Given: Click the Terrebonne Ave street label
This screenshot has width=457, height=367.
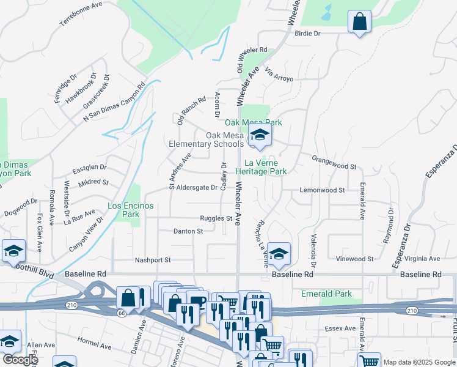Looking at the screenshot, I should click(81, 13).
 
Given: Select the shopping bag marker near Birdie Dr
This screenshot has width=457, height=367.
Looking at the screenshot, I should click(359, 23).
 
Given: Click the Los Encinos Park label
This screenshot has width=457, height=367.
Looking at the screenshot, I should click(131, 210).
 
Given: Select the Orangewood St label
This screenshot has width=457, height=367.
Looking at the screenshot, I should click(334, 166).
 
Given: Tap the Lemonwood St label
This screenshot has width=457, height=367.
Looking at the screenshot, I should click(322, 190).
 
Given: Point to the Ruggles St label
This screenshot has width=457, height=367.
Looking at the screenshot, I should click(216, 218).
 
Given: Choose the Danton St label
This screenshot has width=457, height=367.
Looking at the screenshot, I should click(188, 231).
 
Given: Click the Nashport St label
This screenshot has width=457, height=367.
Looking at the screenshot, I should click(153, 260).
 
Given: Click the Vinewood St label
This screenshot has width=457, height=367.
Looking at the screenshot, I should click(354, 259).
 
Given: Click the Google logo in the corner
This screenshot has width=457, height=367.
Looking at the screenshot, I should click(20, 360).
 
